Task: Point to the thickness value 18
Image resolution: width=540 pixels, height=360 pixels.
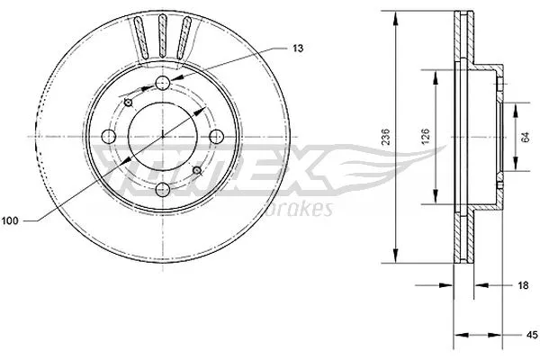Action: (x=521, y=284)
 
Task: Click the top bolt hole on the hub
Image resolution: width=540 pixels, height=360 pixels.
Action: (x=163, y=83)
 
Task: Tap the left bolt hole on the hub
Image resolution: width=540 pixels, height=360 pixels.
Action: (x=109, y=137)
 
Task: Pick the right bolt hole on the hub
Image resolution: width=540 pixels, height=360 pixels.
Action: (x=216, y=137)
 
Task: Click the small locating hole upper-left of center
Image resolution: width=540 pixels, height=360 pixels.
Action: (x=130, y=103)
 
